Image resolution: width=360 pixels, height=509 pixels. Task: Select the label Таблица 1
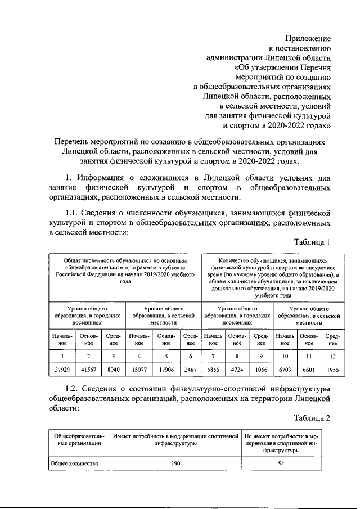[x=312, y=242]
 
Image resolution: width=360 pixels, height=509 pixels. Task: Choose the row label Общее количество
[x=76, y=463]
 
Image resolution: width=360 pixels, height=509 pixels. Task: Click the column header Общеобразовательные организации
[x=78, y=439]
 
